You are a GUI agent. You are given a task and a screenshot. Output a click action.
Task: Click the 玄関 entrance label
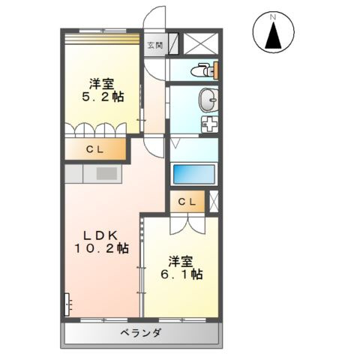pos(154,44)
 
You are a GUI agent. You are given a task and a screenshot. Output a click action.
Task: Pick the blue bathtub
pos(195,174)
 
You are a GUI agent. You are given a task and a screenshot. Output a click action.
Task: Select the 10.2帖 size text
pos(100,247)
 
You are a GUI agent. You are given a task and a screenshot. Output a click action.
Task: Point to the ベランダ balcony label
pos(139,332)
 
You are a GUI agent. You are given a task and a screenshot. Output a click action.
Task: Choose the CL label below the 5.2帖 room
pos(94,150)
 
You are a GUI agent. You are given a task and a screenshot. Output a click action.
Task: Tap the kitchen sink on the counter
pos(105,174)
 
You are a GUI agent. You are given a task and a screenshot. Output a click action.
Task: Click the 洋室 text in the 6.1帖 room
pos(181,261)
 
